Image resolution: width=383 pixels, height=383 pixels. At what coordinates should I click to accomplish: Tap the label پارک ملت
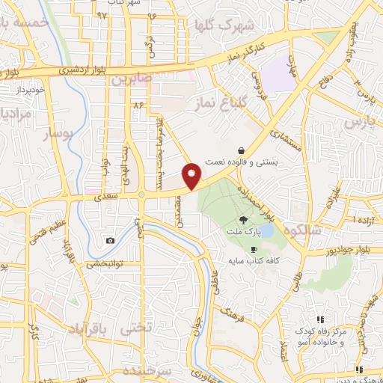tap(242, 233)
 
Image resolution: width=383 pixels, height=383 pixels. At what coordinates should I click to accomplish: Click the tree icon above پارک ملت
tap(242, 220)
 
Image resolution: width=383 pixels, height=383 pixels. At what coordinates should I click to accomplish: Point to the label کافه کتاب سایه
tap(254, 262)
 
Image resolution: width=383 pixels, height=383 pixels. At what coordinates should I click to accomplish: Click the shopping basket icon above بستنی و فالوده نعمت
tap(240, 150)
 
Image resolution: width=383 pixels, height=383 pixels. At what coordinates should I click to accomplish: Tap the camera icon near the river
tap(111, 240)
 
